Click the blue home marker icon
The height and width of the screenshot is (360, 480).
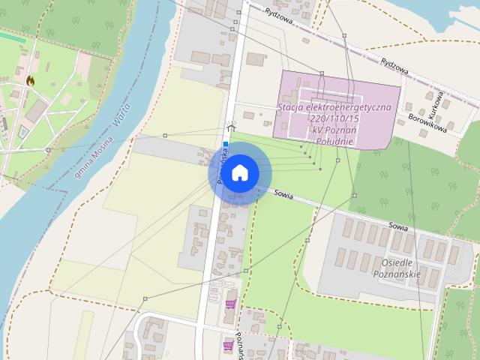pos(239,173)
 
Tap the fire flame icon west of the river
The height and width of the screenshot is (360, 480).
pos(30,79)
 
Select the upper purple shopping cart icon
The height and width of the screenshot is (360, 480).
pos(230,304)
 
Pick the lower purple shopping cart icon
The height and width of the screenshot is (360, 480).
pos(228,345)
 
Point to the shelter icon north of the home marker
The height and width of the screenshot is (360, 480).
pos(231,126)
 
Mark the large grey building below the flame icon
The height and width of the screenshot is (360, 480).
pos(36,111)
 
